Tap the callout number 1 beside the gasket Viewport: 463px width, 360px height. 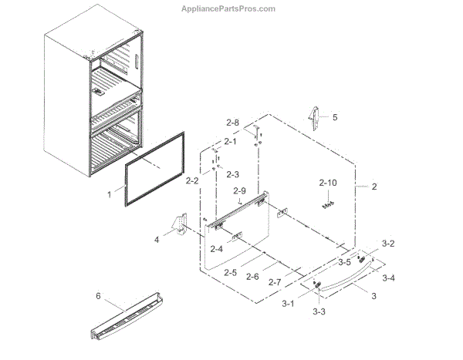110,195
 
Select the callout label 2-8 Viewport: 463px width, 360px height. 232,123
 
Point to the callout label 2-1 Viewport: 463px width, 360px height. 231,141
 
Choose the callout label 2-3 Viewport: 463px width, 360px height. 232,174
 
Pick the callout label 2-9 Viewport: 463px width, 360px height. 239,190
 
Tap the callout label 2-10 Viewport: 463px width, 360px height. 329,183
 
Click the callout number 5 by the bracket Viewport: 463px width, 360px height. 335,118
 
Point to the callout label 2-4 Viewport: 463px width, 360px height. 215,248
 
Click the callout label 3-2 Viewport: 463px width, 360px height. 388,243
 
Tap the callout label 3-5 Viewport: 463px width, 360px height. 343,262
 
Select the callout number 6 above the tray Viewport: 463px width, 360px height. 98,296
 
